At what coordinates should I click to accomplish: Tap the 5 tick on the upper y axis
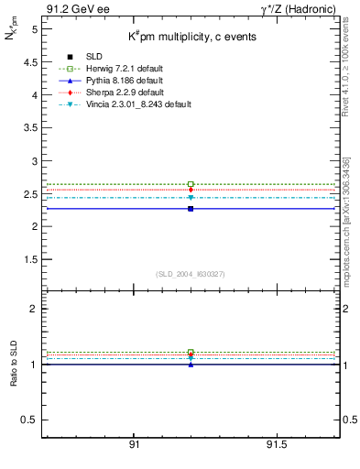tap(33, 29)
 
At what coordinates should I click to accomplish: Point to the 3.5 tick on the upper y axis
tap(30, 127)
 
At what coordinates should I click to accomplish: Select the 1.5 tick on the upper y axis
tap(30, 259)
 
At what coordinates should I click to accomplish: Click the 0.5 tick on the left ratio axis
tap(30, 420)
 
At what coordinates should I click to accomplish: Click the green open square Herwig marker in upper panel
tap(191, 184)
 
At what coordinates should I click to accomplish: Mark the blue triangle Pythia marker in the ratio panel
tap(191, 364)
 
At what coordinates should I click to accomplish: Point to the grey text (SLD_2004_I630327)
tap(190, 273)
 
